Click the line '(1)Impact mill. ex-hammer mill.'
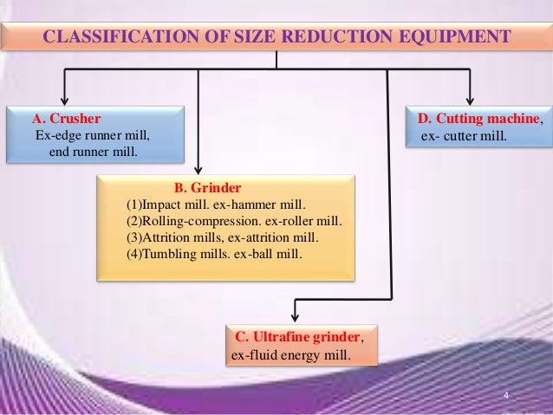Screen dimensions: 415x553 coord(216,204)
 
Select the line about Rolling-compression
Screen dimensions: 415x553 coord(234,221)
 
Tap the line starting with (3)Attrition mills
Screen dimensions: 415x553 coord(222,237)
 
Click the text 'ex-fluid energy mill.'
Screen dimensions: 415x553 coord(289,355)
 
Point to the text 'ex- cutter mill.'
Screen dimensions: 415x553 coord(460,137)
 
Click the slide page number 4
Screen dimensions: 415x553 coord(506,397)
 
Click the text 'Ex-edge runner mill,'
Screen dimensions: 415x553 coord(92,135)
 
